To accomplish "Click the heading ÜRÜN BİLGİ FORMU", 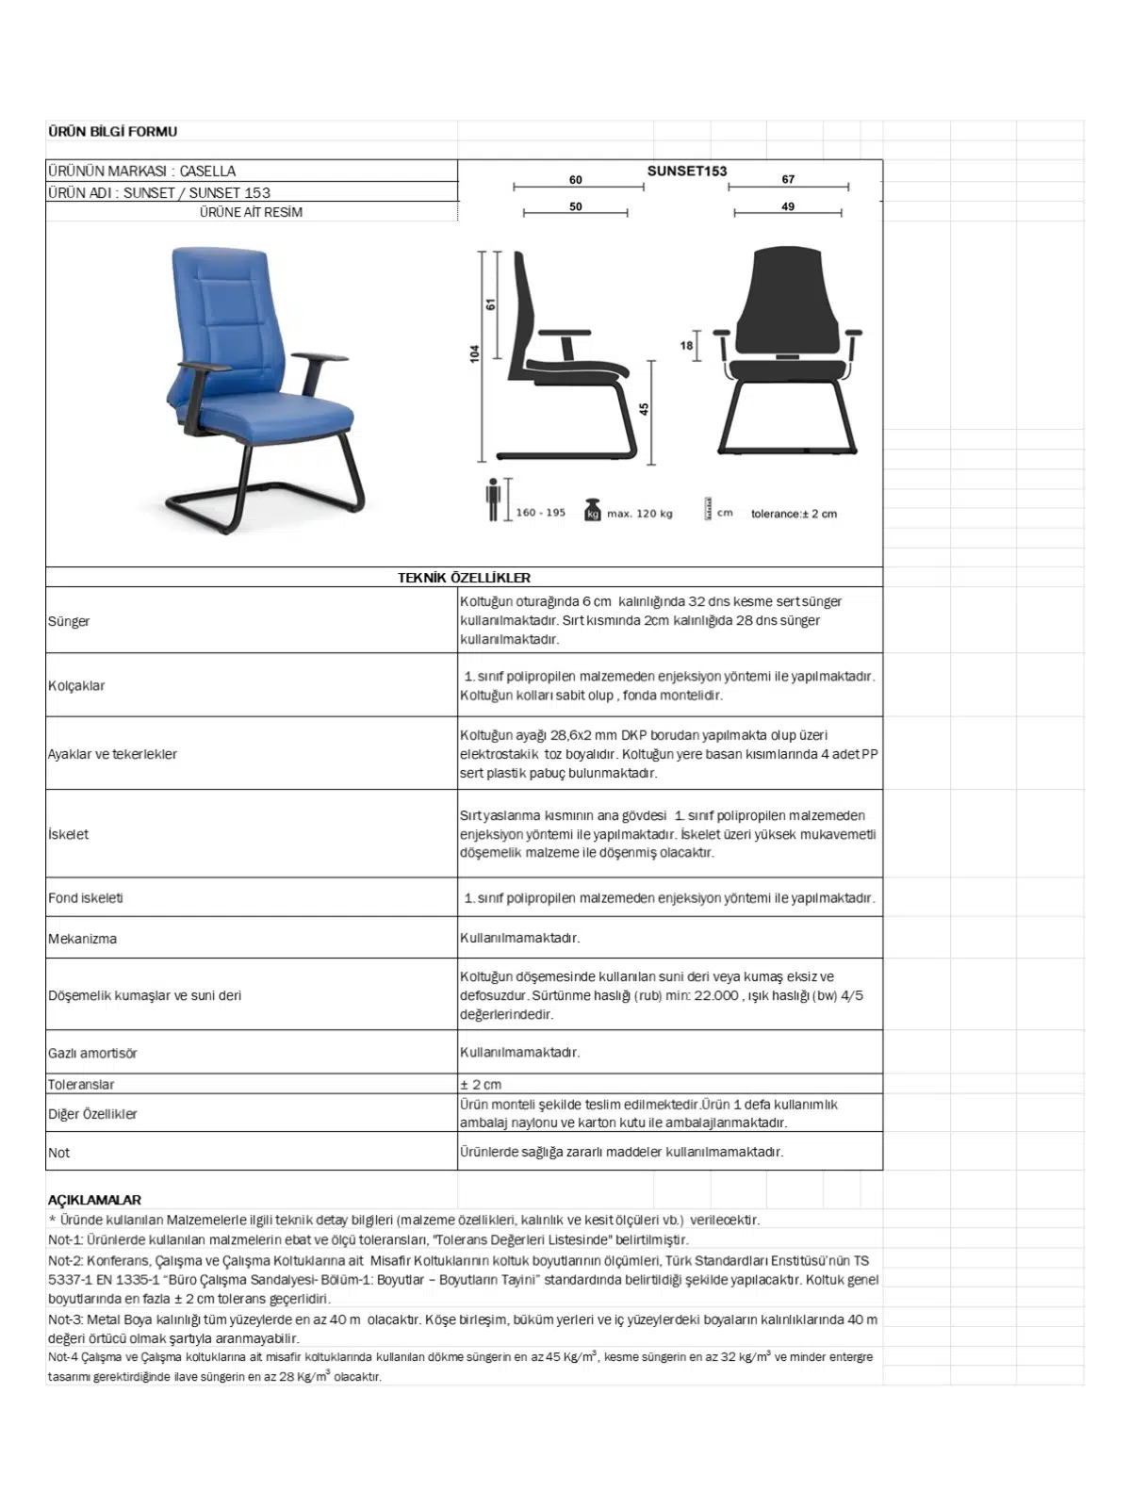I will point(112,131).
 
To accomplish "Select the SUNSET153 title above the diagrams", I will point(687,171).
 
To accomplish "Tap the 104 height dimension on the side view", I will point(476,352).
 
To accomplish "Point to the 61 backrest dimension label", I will point(490,304).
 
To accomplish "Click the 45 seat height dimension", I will point(645,409).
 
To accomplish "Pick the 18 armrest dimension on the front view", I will point(686,346).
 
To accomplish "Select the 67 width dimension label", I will point(788,179).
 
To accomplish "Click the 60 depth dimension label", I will point(576,180).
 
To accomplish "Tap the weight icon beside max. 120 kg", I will point(592,509).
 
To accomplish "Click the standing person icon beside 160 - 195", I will point(492,500).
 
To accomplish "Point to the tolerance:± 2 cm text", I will point(794,514).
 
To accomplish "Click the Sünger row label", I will point(69,621).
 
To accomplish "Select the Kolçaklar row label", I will point(76,685).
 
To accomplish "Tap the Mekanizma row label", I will point(82,939).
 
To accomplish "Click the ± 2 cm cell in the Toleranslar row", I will point(481,1084).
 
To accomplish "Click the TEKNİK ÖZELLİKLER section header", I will point(464,578).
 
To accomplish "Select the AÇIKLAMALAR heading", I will point(94,1200).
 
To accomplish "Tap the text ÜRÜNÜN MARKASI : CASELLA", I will point(142,171).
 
